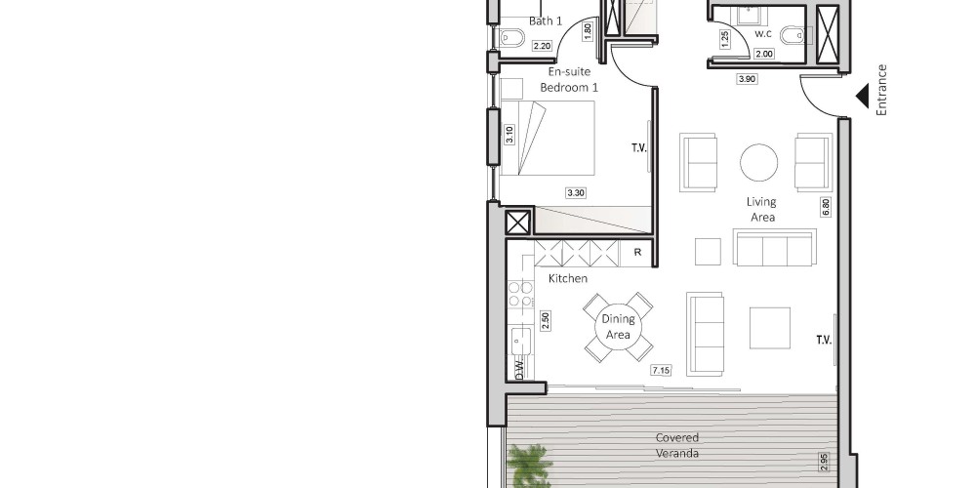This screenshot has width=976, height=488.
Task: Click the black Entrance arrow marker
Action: [x=863, y=97]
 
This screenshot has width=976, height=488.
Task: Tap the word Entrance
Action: [x=880, y=90]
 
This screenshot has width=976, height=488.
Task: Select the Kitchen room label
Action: [x=568, y=278]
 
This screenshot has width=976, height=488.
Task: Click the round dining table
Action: [x=618, y=327]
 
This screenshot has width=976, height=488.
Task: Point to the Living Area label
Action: [x=762, y=209]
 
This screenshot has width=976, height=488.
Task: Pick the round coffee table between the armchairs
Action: [x=758, y=162]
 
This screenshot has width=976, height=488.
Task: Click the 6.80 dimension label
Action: [x=826, y=207]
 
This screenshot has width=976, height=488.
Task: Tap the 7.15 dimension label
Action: [x=661, y=370]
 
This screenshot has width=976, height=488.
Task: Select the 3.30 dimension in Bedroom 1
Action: [x=575, y=193]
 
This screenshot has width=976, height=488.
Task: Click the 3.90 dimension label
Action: [x=747, y=79]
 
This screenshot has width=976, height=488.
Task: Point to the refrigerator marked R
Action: [x=637, y=252]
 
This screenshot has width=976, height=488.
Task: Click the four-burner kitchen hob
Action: [x=521, y=294]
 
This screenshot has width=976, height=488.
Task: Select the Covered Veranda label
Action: [x=677, y=446]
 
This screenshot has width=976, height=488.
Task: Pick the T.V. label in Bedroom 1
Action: [x=640, y=148]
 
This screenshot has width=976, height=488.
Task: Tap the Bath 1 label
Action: [x=546, y=21]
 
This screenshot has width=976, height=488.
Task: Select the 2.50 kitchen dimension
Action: [x=546, y=321]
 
